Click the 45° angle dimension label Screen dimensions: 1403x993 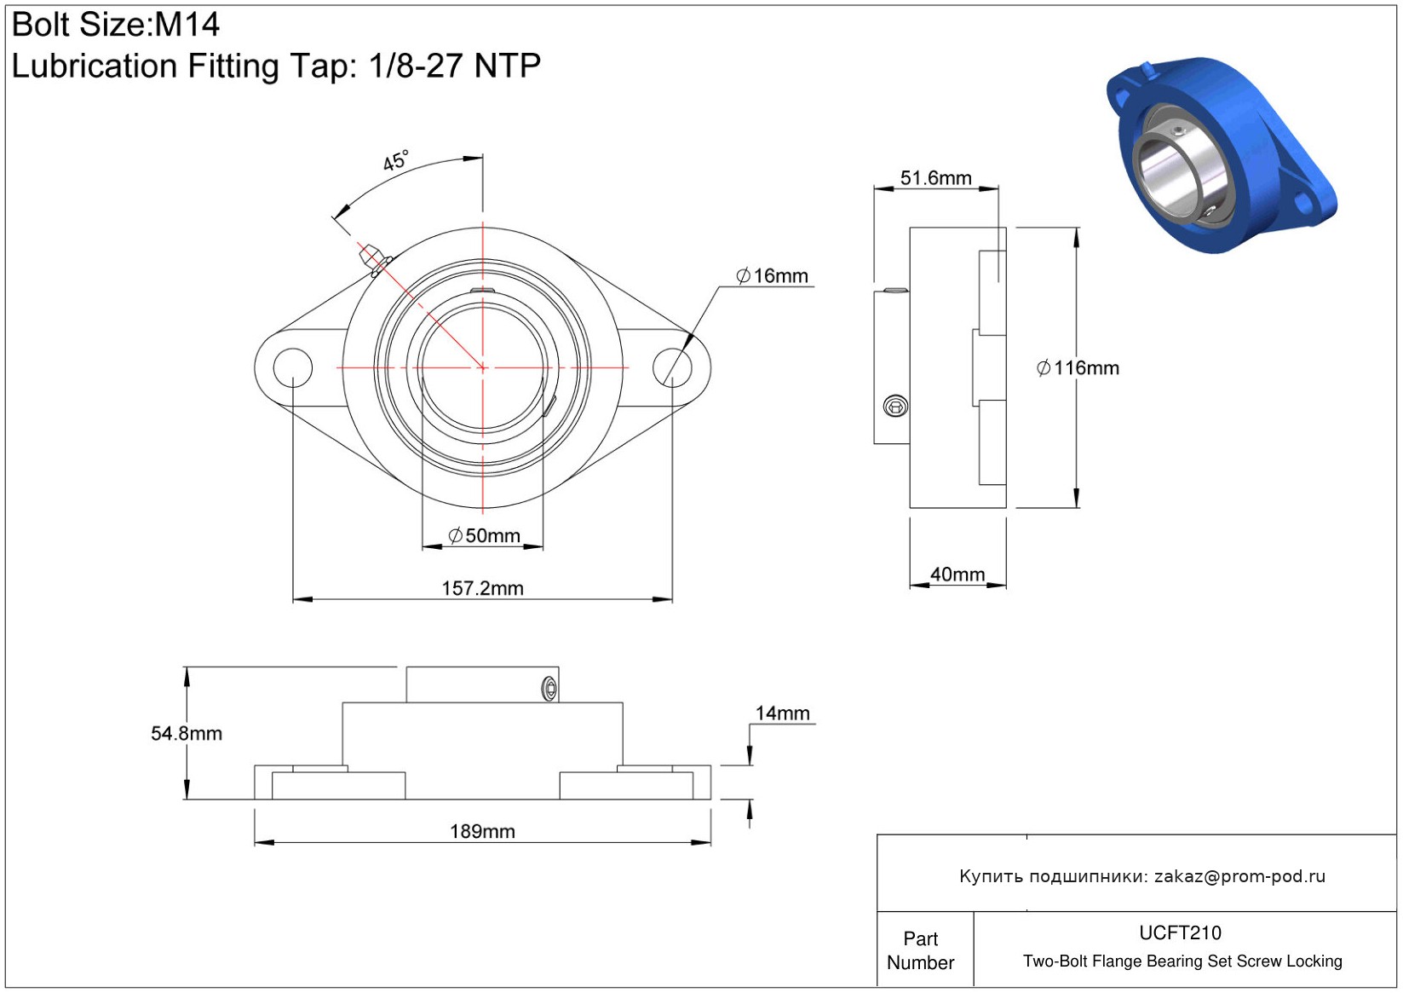pyautogui.click(x=396, y=160)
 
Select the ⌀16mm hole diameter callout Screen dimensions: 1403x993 pyautogui.click(x=772, y=276)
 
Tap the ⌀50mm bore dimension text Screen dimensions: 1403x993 pyautogui.click(x=484, y=535)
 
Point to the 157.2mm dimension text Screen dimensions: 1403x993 pyautogui.click(x=482, y=588)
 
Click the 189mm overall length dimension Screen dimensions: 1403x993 pyautogui.click(x=482, y=831)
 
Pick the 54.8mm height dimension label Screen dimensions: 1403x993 pyautogui.click(x=187, y=734)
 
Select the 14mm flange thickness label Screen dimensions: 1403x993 pyautogui.click(x=782, y=713)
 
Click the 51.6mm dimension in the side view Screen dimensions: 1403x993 pyautogui.click(x=935, y=178)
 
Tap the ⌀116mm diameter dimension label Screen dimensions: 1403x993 pyautogui.click(x=1078, y=368)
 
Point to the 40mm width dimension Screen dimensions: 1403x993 pyautogui.click(x=957, y=574)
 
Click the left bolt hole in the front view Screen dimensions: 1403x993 pyautogui.click(x=292, y=367)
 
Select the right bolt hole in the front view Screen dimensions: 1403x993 pyautogui.click(x=672, y=367)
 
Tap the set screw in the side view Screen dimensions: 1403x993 pyautogui.click(x=895, y=407)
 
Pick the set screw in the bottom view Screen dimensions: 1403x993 pyautogui.click(x=549, y=689)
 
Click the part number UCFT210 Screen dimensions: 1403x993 pyautogui.click(x=1180, y=932)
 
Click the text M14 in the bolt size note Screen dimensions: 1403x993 pyautogui.click(x=187, y=25)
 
